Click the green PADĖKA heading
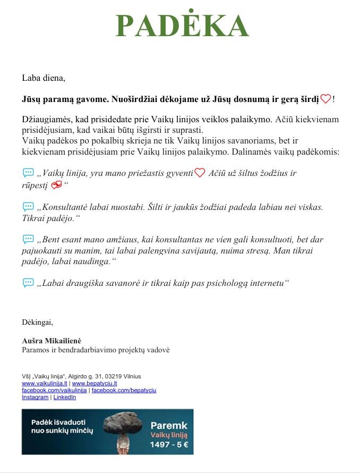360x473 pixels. tap(182, 26)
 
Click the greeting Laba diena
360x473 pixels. tap(44, 78)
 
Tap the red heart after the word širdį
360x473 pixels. tap(325, 99)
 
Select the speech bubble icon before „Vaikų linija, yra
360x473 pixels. tap(28, 173)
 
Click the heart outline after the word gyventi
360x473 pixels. tap(200, 173)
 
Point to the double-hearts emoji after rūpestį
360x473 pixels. tap(56, 185)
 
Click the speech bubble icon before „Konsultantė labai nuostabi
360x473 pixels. tap(28, 206)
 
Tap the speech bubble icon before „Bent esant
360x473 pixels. tap(28, 239)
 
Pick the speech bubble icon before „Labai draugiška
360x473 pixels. tap(28, 283)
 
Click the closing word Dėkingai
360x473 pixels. tap(37, 322)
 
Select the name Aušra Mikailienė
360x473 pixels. tap(52, 340)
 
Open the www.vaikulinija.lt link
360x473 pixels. tap(45, 383)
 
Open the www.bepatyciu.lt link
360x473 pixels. tap(95, 383)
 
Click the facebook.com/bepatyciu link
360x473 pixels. tap(124, 390)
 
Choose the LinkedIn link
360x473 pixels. tap(65, 397)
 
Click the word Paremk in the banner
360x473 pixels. tap(169, 425)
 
